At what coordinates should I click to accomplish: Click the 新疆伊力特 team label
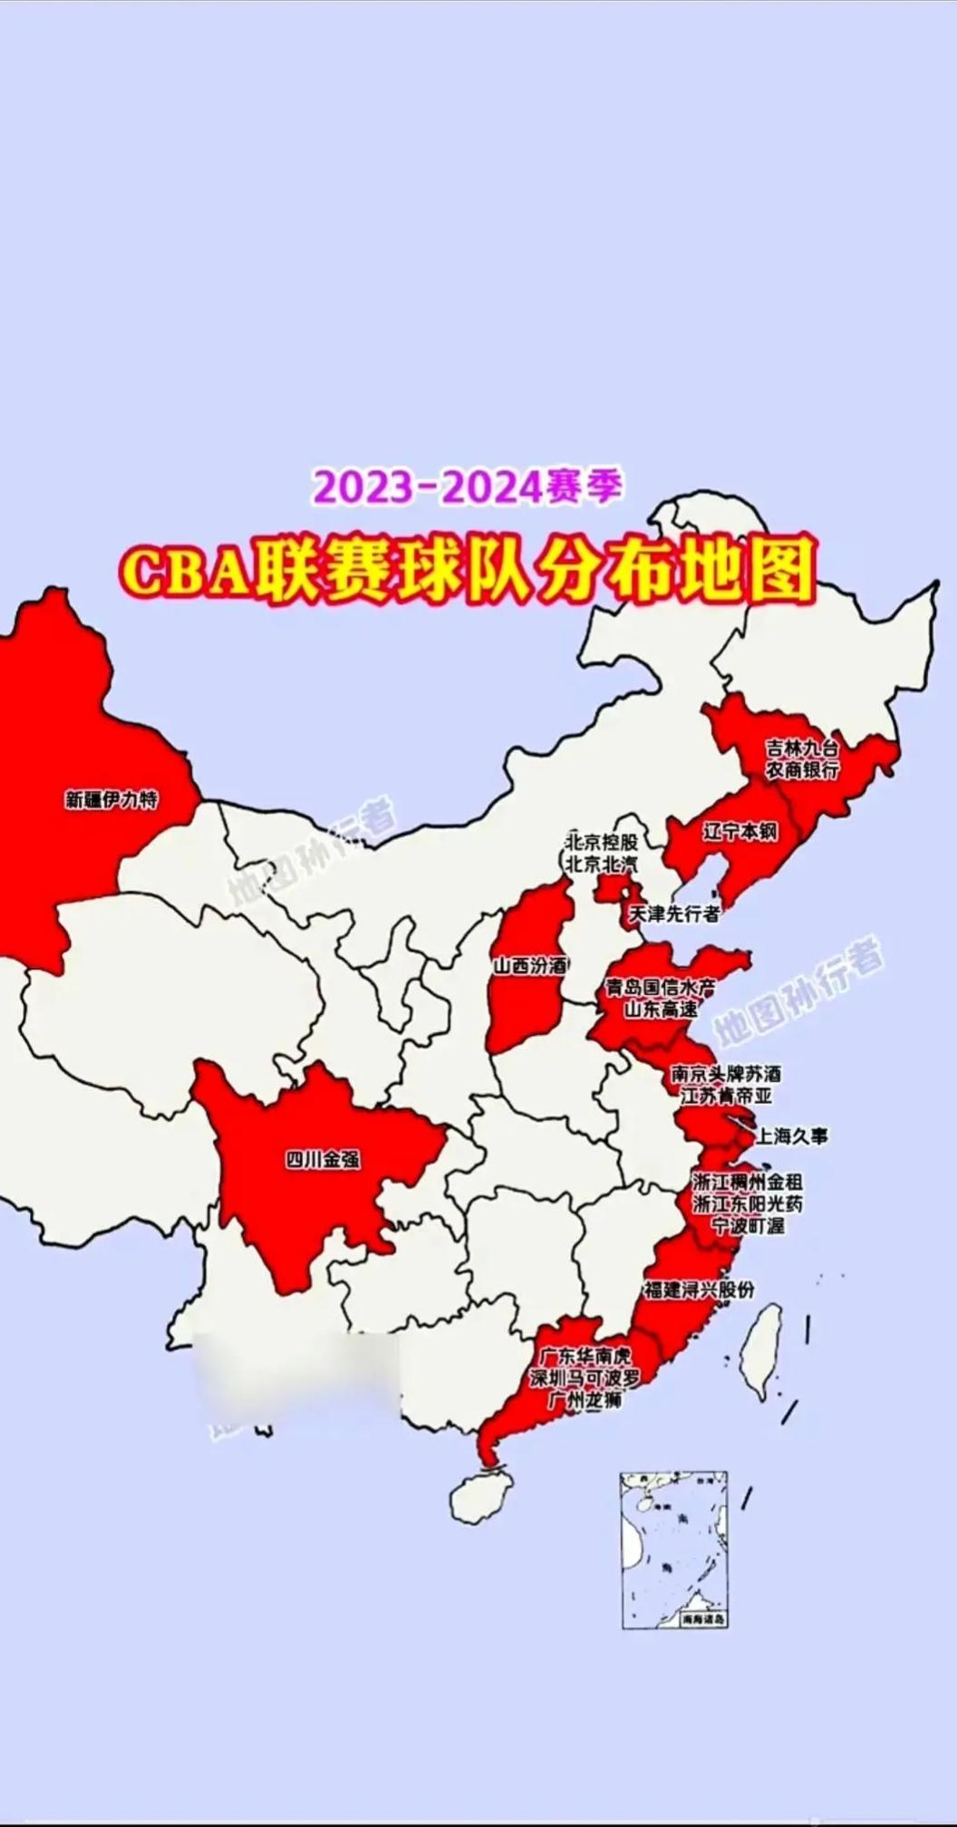click(111, 800)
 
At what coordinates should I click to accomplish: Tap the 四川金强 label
click(323, 1159)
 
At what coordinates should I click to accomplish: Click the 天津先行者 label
click(674, 913)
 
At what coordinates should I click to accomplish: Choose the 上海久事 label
click(791, 1136)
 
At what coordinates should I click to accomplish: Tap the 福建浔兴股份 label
click(699, 1290)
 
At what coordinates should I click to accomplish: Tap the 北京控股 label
click(602, 841)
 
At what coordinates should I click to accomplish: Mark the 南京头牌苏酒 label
click(726, 1074)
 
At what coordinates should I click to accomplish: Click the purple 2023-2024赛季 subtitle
click(469, 487)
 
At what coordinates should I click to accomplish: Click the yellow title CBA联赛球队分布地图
click(469, 568)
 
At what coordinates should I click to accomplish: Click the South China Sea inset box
click(674, 1550)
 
